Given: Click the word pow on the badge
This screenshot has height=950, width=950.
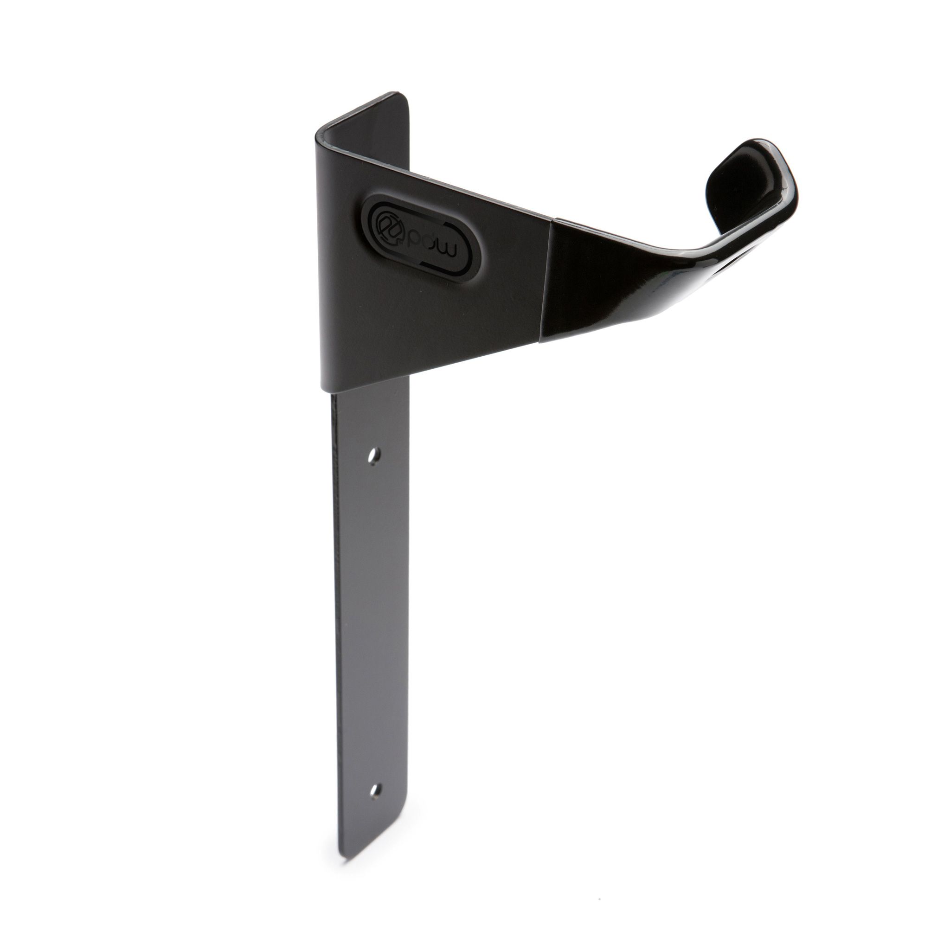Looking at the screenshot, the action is click(x=434, y=249).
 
